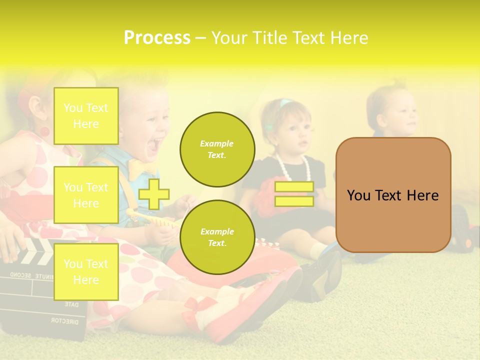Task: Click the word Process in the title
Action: coord(157,38)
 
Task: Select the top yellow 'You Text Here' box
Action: coord(86,116)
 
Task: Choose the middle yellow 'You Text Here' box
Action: coord(86,195)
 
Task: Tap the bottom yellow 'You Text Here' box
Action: coord(86,271)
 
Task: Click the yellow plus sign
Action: coord(154,194)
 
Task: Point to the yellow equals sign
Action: coord(294,194)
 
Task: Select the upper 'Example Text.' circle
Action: coord(217,149)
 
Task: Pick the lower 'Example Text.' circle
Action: coord(217,237)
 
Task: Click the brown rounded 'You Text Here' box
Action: coord(393,195)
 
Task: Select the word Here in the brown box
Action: coord(422,195)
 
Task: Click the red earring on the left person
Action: coord(44,131)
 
